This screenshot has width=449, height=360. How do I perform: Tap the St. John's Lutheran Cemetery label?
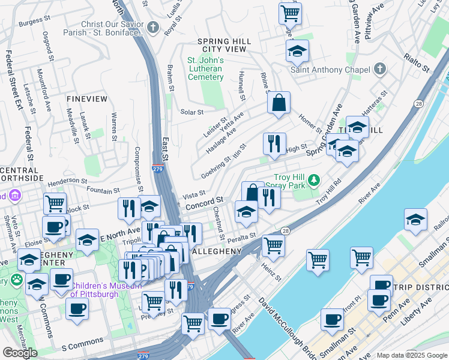[205, 68]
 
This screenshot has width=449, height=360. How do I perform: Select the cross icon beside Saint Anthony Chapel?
[379, 70]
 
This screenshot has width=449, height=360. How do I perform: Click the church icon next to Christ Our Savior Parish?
[154, 27]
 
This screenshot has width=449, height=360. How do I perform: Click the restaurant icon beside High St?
[274, 144]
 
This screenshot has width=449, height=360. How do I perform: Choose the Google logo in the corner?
[20, 353]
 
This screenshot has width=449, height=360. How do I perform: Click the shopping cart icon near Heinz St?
[273, 244]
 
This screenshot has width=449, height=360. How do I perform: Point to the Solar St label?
[192, 112]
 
